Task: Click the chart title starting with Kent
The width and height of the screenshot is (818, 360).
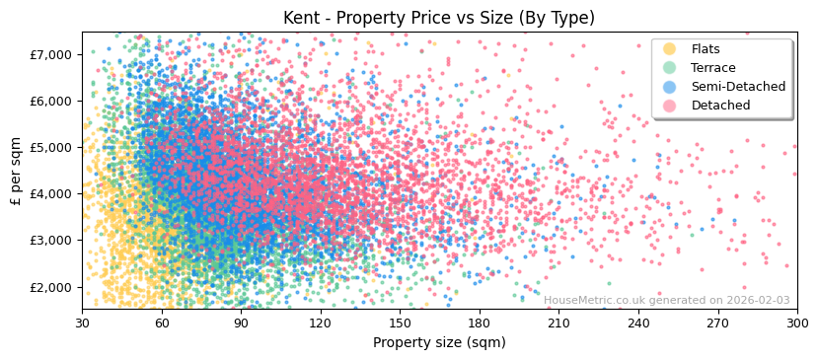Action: pos(439,18)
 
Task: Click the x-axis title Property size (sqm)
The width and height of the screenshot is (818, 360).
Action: pos(439,342)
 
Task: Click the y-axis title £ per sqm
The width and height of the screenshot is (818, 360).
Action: pos(17,172)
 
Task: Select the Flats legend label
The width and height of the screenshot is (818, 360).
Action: pos(706,49)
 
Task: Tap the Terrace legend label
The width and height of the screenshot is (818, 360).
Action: pos(713,68)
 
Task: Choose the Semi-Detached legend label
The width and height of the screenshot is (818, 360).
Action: pos(738,87)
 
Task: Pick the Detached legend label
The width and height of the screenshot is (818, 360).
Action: pos(720,106)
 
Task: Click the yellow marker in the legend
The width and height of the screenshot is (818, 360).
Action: pos(670,49)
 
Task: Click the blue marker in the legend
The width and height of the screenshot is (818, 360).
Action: pos(670,87)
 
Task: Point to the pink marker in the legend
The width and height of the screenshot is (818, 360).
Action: pos(670,106)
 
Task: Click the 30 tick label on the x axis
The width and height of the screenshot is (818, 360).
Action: pos(83,323)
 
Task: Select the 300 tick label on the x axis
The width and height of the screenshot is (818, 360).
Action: pos(797,323)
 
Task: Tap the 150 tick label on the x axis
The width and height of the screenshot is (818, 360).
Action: pos(401,323)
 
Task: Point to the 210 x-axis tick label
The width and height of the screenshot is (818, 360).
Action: pos(559,323)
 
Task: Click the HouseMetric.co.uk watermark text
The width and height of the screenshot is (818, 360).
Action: pos(666,301)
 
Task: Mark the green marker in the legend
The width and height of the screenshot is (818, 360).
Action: pos(670,68)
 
